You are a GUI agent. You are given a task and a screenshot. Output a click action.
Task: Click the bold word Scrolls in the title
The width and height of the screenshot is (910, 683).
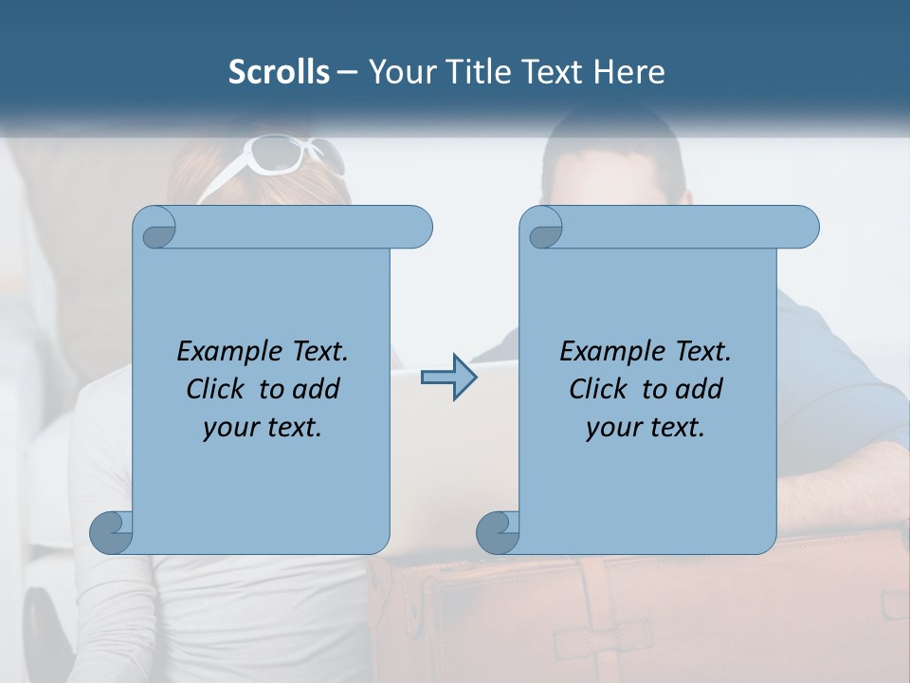coord(279,72)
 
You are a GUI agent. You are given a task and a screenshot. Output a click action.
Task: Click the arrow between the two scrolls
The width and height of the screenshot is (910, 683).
coord(448,378)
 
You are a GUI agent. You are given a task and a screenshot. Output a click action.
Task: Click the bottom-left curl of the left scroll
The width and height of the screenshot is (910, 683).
coord(110,533)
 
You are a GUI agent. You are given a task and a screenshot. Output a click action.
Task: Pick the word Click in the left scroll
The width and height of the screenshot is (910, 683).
coord(213,389)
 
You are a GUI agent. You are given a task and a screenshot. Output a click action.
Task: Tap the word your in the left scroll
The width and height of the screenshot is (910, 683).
coord(228,428)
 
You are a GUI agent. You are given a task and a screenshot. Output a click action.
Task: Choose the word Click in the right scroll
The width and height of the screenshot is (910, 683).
coord(596,389)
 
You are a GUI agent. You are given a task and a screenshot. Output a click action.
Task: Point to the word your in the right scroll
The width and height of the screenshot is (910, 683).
coord(611,428)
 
